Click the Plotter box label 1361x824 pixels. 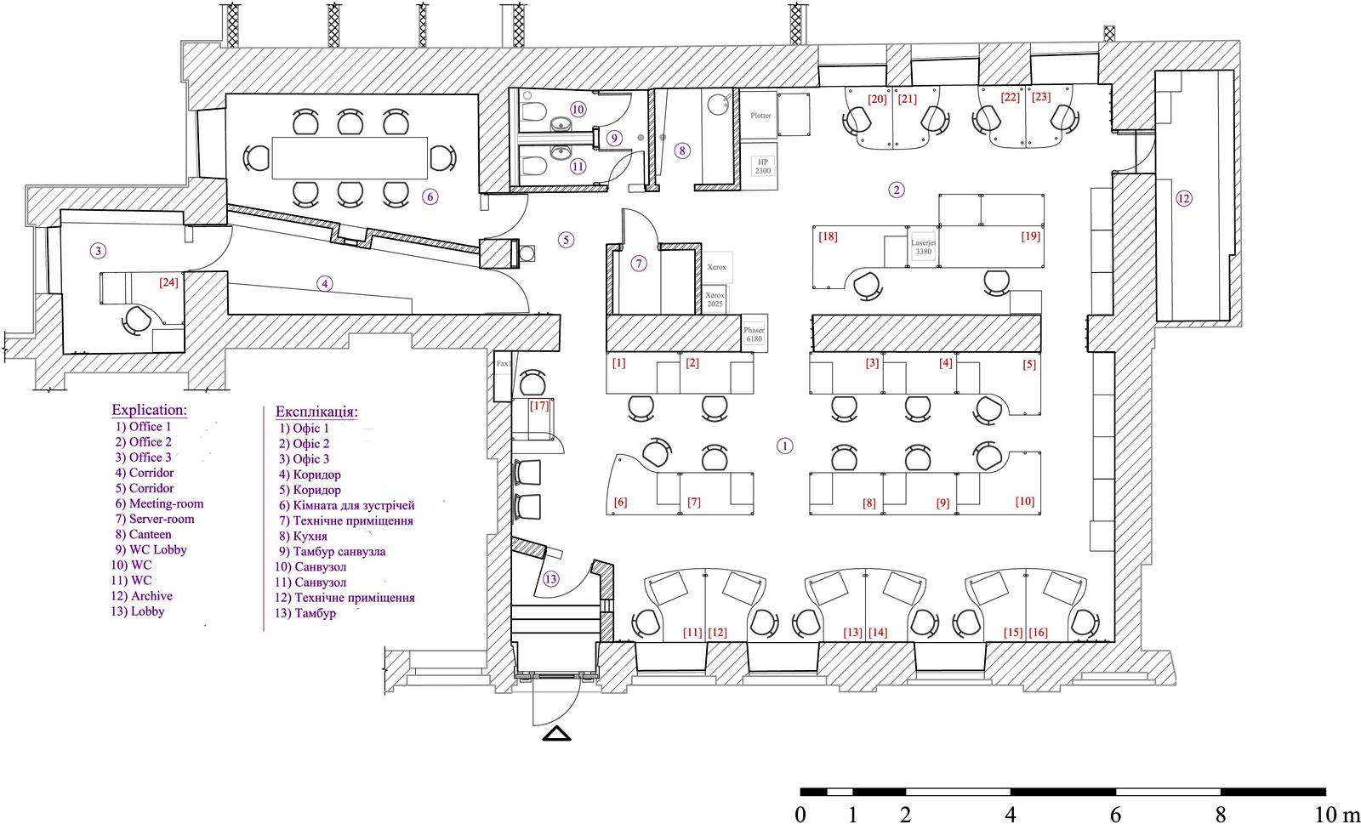[x=760, y=116]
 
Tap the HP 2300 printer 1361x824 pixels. [x=762, y=166]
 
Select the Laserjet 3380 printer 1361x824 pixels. [x=923, y=247]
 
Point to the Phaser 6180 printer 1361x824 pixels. [x=754, y=333]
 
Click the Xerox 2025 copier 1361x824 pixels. [x=715, y=298]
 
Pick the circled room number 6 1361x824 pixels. [x=430, y=196]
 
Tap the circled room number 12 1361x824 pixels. [x=1183, y=198]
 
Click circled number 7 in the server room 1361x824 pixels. [x=638, y=264]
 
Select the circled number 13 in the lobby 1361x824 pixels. [x=550, y=579]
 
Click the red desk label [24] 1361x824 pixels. [x=168, y=281]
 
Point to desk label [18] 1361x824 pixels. [x=828, y=236]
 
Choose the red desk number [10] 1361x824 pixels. [x=1024, y=501]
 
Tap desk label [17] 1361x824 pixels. [x=539, y=406]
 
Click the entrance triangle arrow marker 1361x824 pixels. [x=556, y=734]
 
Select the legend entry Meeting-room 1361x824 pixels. [x=166, y=503]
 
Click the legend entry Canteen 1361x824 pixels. [x=150, y=534]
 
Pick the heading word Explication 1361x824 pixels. [x=149, y=410]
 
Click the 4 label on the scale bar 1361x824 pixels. [x=1011, y=815]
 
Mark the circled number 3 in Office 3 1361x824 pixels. [x=98, y=250]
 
